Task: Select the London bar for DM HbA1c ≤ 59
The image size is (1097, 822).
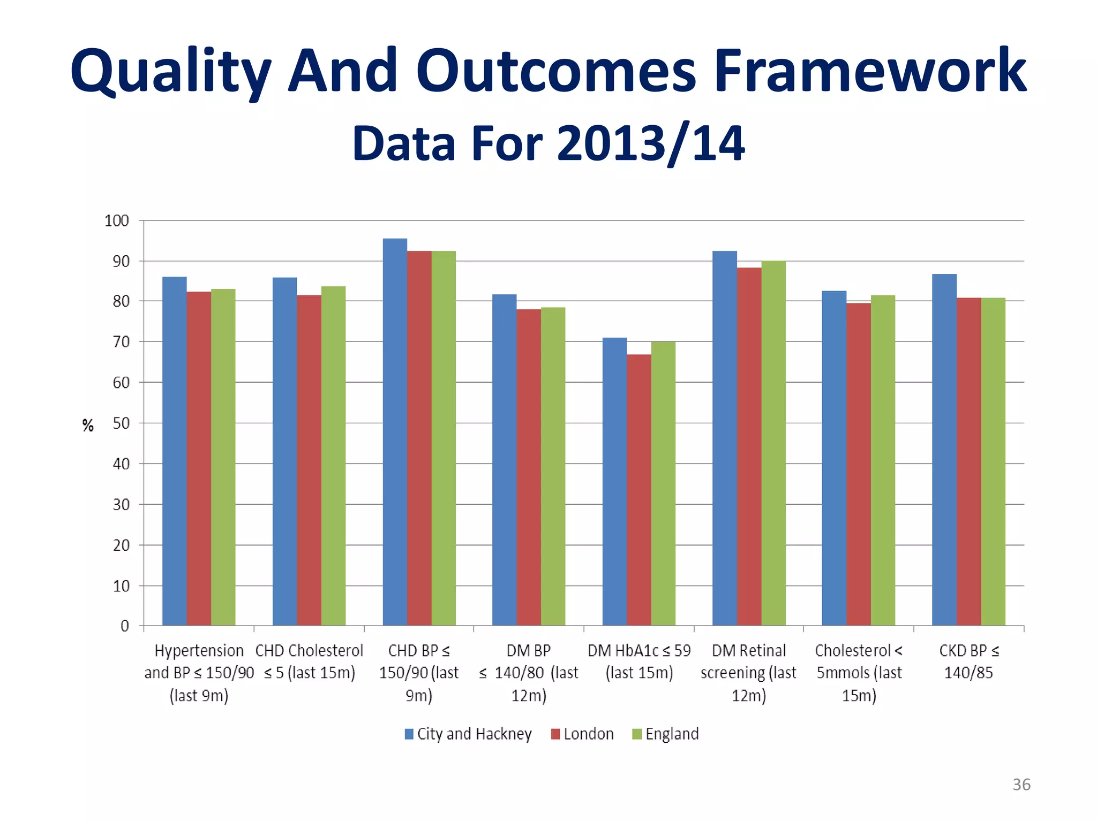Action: tap(639, 490)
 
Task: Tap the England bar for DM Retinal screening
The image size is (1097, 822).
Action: tap(773, 443)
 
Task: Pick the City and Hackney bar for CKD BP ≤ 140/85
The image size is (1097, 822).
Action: tap(944, 450)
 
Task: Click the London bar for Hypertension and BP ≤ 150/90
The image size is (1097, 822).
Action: tap(199, 458)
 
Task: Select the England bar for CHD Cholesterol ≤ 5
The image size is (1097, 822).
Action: tap(333, 455)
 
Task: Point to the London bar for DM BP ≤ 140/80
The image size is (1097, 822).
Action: tap(529, 467)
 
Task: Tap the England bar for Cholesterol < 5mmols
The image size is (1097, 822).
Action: tap(883, 460)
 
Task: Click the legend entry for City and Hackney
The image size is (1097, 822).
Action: tap(468, 734)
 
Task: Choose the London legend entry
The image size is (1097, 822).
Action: tap(582, 734)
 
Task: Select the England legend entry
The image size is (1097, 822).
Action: tap(666, 734)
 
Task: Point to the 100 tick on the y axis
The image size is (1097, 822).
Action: tap(117, 220)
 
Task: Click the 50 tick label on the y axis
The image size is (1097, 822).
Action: tap(121, 423)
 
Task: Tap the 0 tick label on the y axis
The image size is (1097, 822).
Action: tap(125, 626)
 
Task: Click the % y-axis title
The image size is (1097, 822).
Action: tap(88, 425)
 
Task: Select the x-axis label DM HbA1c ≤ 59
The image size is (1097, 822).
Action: tap(639, 661)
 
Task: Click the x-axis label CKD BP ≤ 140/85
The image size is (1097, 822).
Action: tap(968, 661)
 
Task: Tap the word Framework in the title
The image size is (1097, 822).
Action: tap(870, 71)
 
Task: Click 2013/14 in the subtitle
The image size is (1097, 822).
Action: tap(650, 143)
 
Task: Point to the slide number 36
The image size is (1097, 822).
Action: tap(1021, 785)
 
